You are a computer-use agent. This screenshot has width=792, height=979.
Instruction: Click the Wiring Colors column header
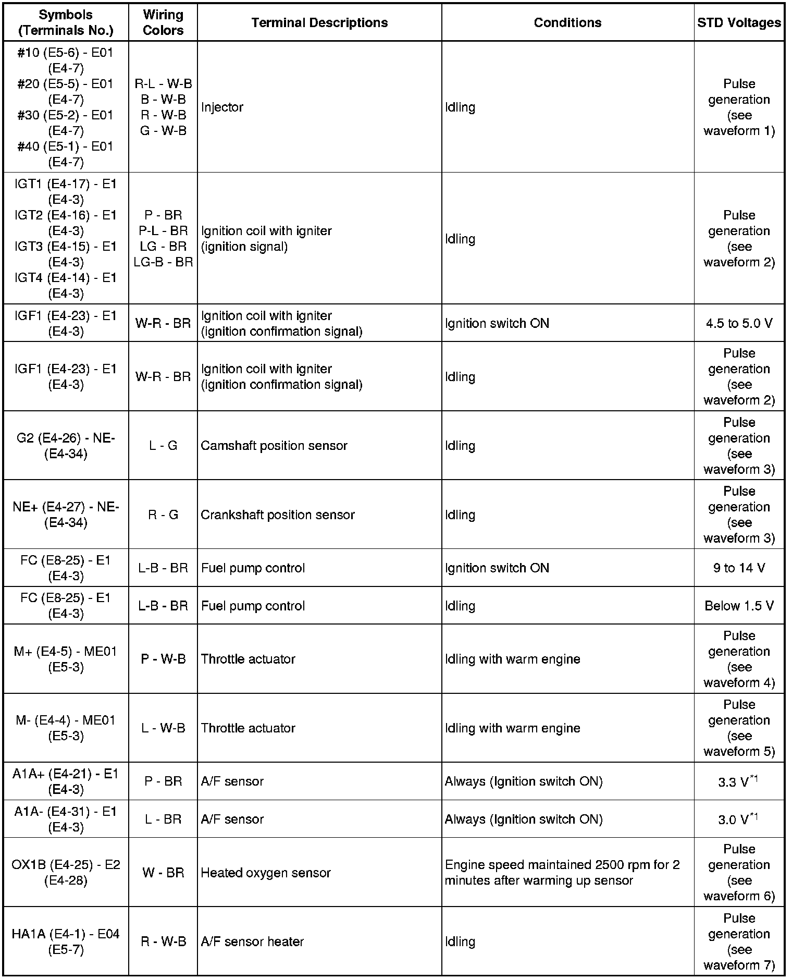(x=163, y=22)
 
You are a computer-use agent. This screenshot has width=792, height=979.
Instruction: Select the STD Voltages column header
(x=739, y=22)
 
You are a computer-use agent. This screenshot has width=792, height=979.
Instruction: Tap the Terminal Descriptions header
(x=319, y=22)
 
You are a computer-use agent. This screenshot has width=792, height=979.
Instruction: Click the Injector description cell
(x=222, y=107)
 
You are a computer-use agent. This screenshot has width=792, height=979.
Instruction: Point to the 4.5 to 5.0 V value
(x=739, y=323)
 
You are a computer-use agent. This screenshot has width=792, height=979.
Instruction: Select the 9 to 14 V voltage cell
(x=739, y=568)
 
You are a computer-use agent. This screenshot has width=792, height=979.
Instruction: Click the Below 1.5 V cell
(x=739, y=606)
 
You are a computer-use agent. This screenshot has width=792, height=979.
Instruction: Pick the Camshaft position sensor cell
(x=274, y=446)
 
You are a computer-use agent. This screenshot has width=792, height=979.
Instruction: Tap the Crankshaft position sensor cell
(x=278, y=515)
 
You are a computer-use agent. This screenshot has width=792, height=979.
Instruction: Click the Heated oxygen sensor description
(x=266, y=873)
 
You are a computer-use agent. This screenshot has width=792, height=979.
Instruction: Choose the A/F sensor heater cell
(x=252, y=941)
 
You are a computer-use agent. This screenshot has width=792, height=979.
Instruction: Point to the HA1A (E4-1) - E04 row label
(x=66, y=941)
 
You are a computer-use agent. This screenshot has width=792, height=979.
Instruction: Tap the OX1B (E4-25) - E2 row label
(x=66, y=873)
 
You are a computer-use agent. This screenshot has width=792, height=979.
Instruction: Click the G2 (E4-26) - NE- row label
(x=66, y=446)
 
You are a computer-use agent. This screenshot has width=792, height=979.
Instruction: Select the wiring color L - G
(x=163, y=446)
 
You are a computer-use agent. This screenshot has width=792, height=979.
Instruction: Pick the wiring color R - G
(x=163, y=515)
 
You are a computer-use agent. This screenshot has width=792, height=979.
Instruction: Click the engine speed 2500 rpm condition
(x=562, y=873)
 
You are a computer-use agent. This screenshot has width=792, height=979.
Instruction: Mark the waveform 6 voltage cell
(x=739, y=873)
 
